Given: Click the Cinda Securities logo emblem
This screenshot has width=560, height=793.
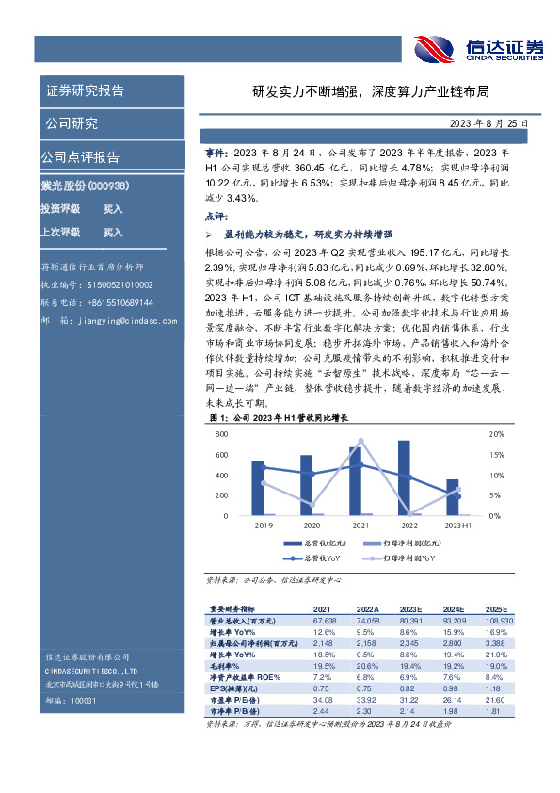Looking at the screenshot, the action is (x=434, y=48).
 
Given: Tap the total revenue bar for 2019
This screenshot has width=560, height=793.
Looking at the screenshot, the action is (x=257, y=488).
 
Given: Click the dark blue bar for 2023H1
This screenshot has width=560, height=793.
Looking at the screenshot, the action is (x=452, y=497).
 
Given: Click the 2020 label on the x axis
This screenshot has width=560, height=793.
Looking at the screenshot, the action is (x=312, y=525).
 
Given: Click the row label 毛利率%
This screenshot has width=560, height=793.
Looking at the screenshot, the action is (x=227, y=665).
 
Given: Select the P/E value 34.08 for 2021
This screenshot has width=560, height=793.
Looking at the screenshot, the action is (x=323, y=700).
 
